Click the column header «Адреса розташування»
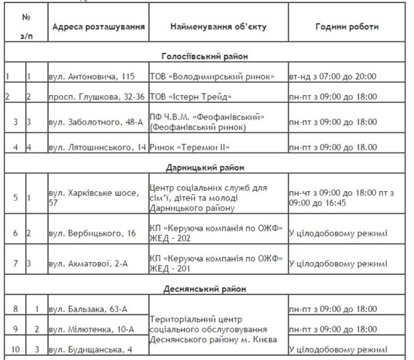click(x=98, y=26)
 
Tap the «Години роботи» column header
click(x=346, y=26)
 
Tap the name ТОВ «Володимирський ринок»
click(x=212, y=76)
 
